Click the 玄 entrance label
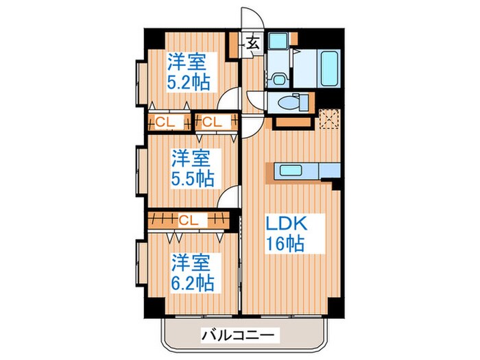252,43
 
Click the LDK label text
285,225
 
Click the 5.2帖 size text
189,83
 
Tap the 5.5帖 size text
192,178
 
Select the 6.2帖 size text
192,281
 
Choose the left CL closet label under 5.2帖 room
165,123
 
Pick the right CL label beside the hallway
211,123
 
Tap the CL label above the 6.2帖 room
189,220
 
